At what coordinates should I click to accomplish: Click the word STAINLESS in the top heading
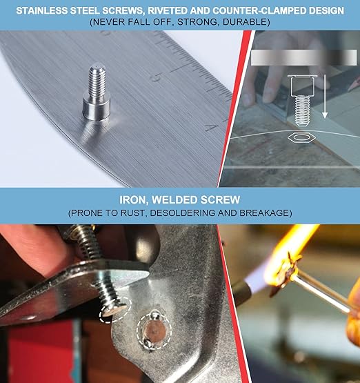(41, 11)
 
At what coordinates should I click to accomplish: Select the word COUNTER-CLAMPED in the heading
(263, 11)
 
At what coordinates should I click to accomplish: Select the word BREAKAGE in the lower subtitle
(266, 213)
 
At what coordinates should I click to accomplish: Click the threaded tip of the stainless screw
(97, 78)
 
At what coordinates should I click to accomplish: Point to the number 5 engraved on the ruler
(155, 77)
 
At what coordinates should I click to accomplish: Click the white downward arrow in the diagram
(325, 97)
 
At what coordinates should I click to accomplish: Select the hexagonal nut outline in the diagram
(301, 137)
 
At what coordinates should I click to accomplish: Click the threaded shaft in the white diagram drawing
(302, 110)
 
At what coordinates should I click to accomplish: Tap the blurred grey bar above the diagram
(304, 58)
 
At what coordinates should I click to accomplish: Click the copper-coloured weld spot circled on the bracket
(154, 331)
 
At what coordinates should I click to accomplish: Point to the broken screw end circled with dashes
(115, 311)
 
